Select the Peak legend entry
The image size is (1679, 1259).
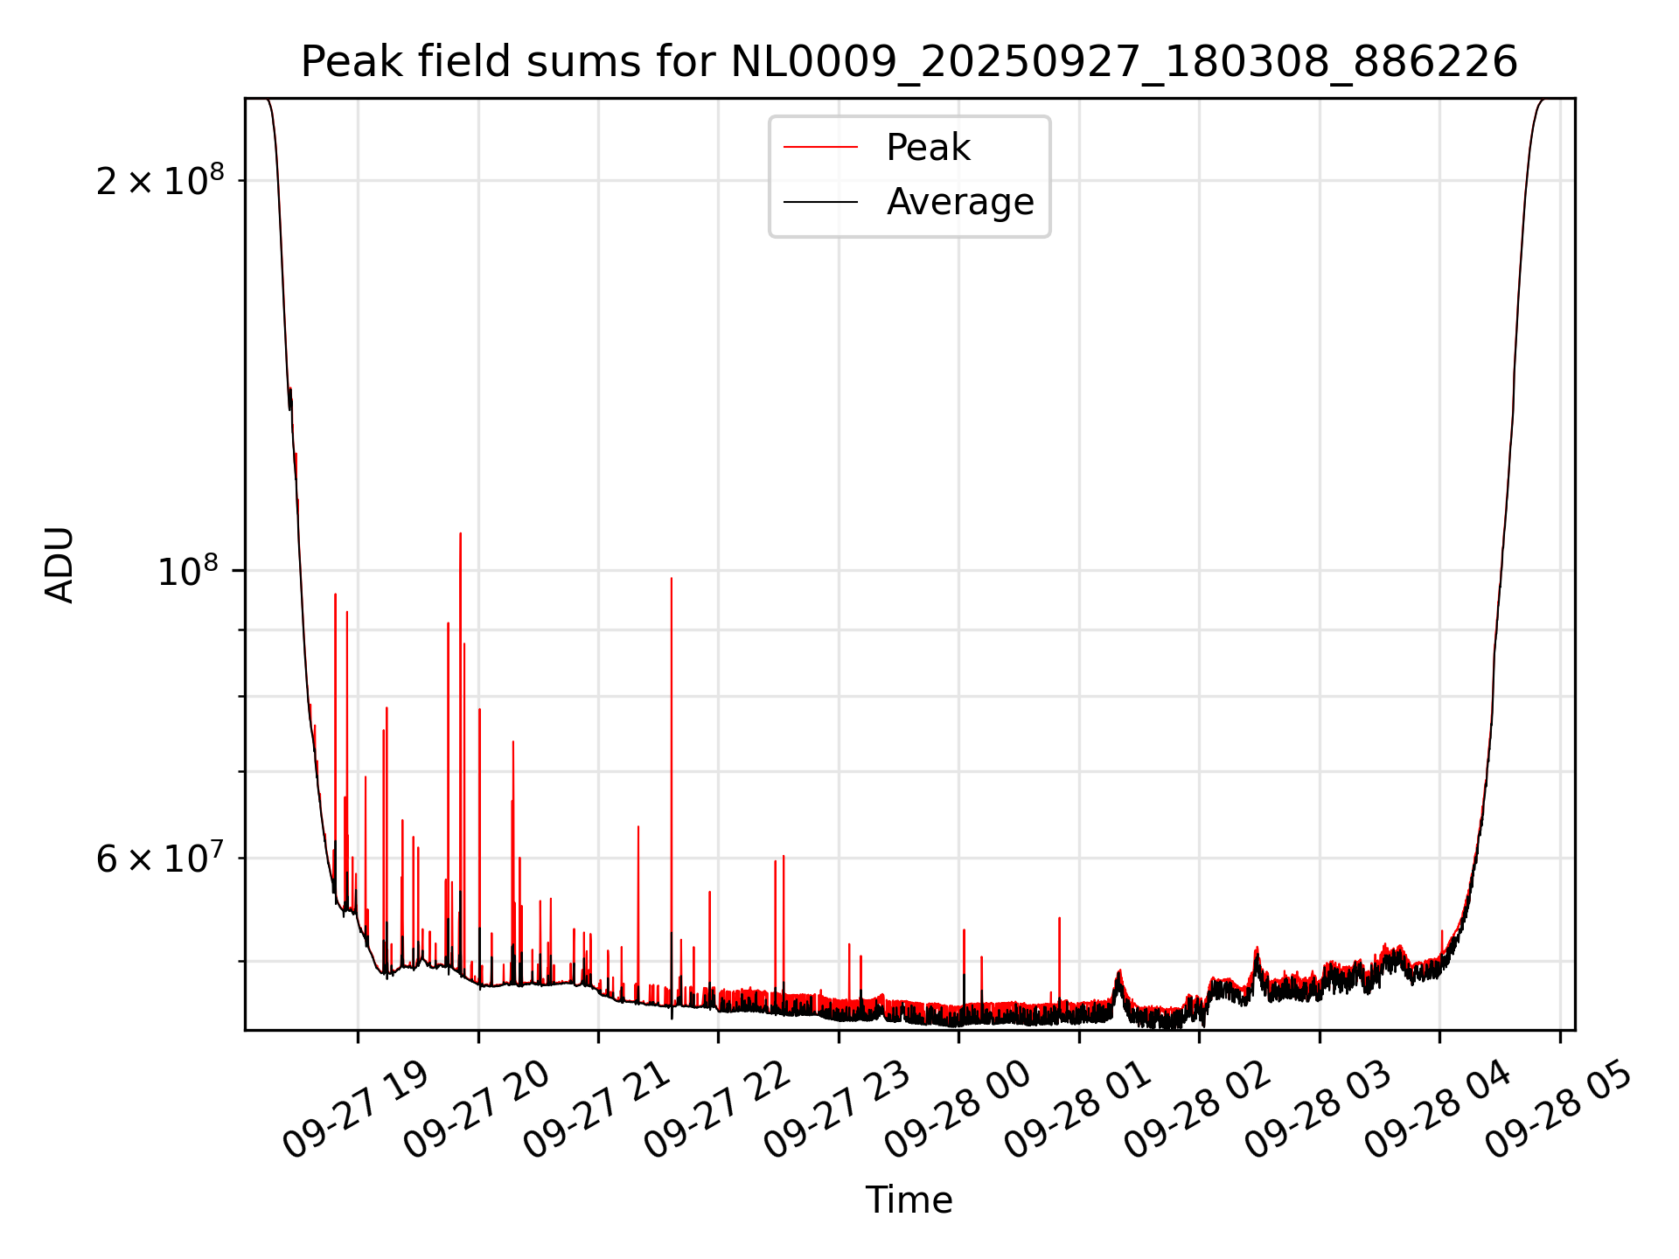point(927,148)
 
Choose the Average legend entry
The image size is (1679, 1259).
point(959,202)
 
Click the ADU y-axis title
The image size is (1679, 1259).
point(59,565)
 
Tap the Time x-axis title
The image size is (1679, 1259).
point(909,1200)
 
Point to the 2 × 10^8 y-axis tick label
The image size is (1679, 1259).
point(160,181)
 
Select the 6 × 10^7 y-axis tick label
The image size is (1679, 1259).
point(160,858)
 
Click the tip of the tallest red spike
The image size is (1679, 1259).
point(460,533)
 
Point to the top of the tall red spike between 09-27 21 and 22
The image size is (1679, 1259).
point(671,578)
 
